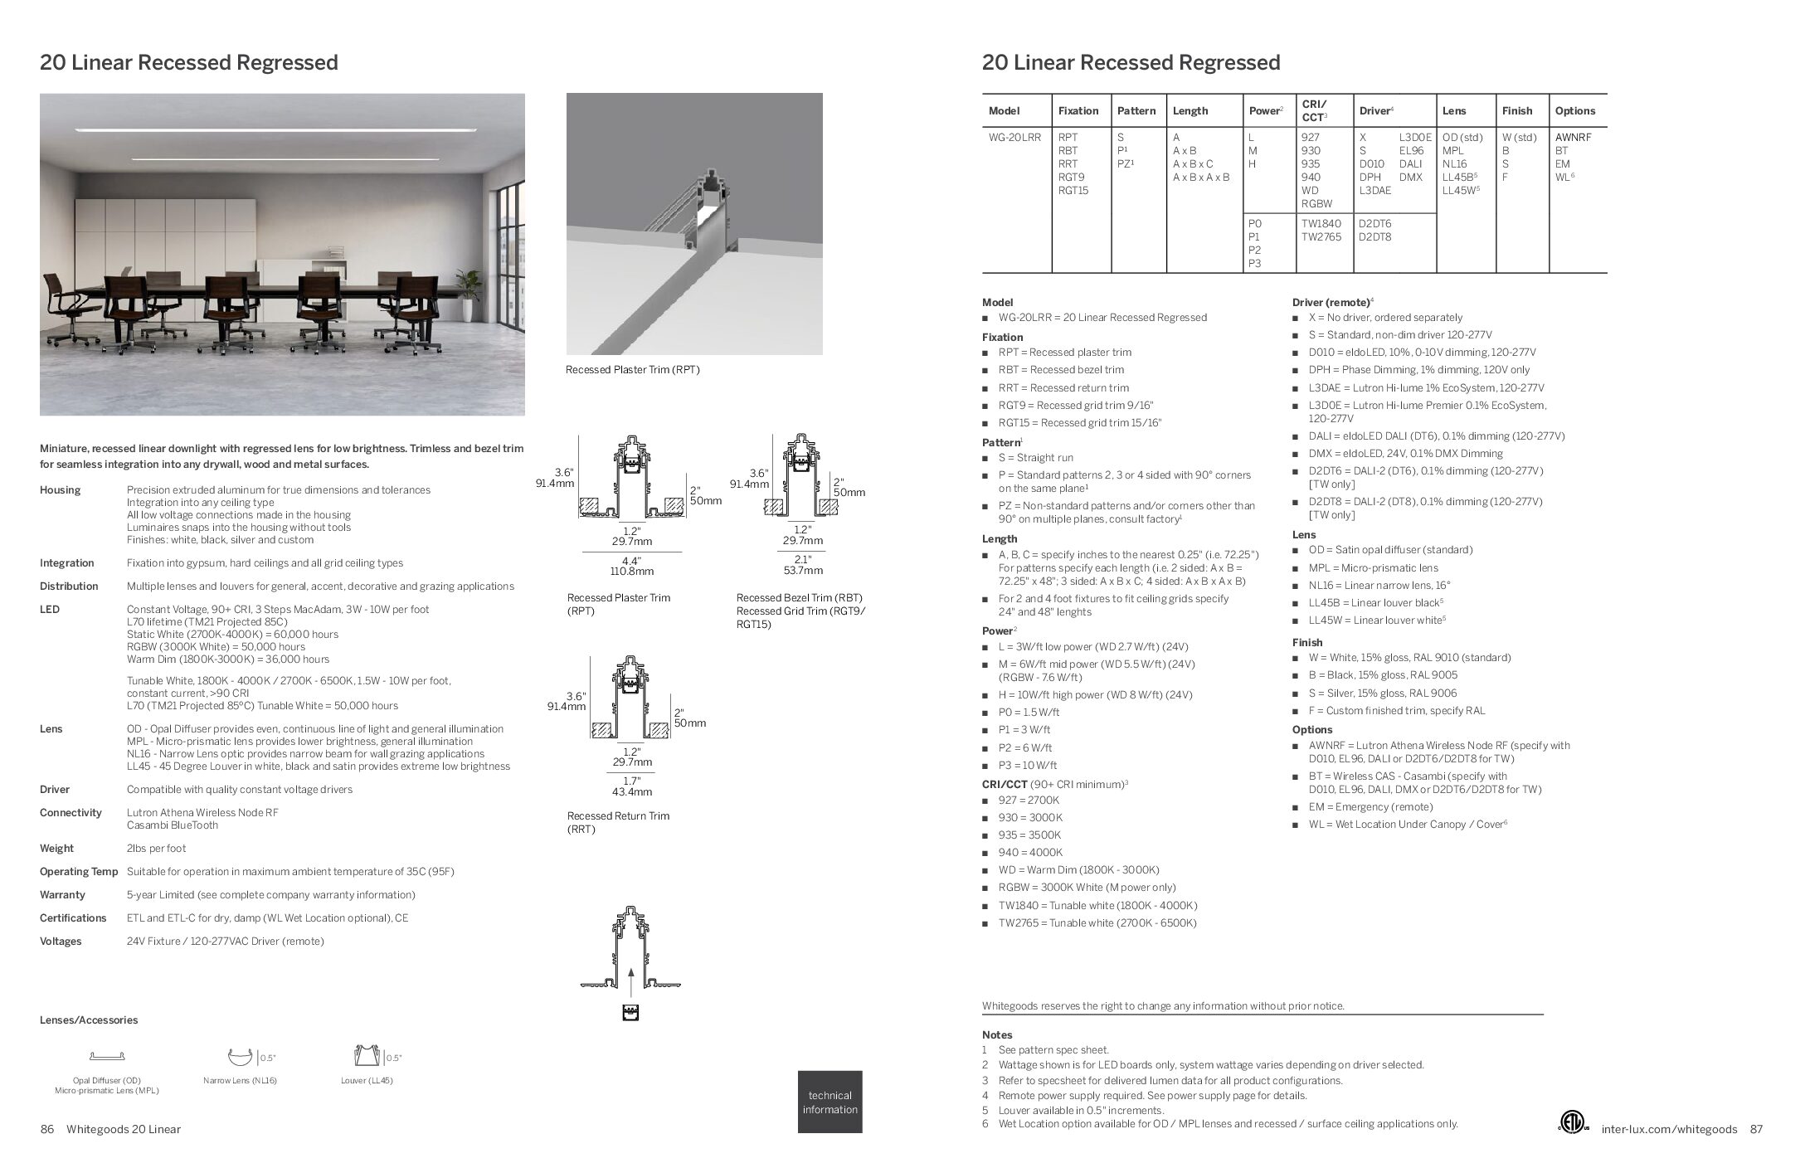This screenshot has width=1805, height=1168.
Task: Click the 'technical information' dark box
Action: click(x=830, y=1102)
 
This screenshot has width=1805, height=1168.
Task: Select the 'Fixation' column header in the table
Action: click(x=1078, y=111)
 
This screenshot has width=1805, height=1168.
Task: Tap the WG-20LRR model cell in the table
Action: click(x=1014, y=138)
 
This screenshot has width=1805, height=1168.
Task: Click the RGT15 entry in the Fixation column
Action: click(x=1073, y=191)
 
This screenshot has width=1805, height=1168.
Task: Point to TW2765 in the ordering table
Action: click(x=1321, y=237)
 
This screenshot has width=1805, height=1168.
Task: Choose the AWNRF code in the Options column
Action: click(x=1573, y=138)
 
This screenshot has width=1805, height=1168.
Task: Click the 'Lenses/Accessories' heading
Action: click(x=89, y=1020)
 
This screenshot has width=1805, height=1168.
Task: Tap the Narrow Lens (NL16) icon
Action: click(x=240, y=1057)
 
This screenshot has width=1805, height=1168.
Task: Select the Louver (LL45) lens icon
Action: click(x=366, y=1056)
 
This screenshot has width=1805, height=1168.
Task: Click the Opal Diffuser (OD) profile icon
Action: click(x=107, y=1057)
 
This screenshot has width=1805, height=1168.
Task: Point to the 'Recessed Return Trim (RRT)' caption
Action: click(x=618, y=822)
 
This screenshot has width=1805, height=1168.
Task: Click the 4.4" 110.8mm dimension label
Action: click(x=632, y=566)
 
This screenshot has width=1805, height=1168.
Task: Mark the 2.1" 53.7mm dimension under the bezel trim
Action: click(x=802, y=565)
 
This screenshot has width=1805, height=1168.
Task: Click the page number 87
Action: click(x=1756, y=1129)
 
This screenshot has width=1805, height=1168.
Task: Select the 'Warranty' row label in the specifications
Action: click(x=62, y=895)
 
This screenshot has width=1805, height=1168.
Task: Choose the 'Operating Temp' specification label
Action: click(x=79, y=872)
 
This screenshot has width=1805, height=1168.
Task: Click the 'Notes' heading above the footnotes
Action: click(x=997, y=1035)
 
